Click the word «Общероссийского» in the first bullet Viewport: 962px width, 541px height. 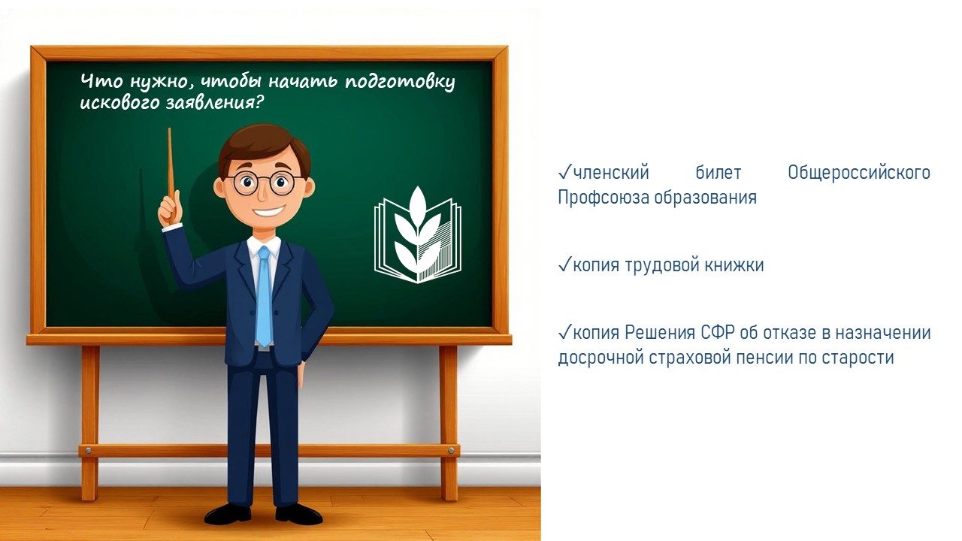pyautogui.click(x=859, y=173)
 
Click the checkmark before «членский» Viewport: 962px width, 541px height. pyautogui.click(x=564, y=172)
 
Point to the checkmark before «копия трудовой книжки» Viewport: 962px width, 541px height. pyautogui.click(x=564, y=264)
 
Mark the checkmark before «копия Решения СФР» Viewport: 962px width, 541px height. pyautogui.click(x=564, y=332)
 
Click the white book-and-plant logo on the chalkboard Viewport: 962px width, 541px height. pyautogui.click(x=418, y=235)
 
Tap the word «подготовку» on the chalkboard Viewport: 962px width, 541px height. pyautogui.click(x=400, y=83)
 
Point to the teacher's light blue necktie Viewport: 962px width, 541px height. pyautogui.click(x=264, y=296)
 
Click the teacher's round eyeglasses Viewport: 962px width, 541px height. pyautogui.click(x=264, y=185)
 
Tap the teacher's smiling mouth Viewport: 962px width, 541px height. pyautogui.click(x=268, y=211)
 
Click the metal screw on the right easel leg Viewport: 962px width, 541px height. pyautogui.click(x=452, y=450)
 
